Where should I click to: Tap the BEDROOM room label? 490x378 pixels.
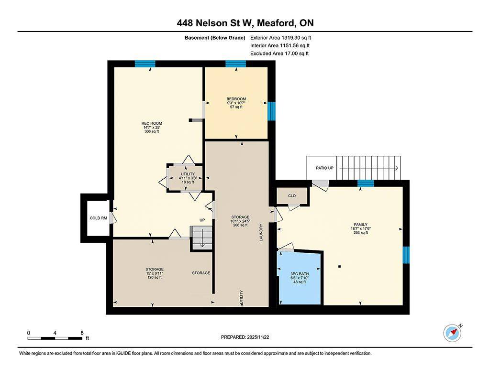click(236, 99)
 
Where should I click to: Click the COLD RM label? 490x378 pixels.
click(99, 218)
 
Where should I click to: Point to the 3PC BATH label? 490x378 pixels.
click(299, 274)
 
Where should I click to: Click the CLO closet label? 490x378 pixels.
click(292, 195)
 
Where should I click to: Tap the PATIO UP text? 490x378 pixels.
click(324, 168)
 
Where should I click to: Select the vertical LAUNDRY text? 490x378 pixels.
click(261, 232)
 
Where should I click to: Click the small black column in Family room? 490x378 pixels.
click(339, 266)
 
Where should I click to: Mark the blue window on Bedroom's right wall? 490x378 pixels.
click(271, 111)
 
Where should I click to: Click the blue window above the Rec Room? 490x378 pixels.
click(145, 64)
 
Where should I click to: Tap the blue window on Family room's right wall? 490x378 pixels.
click(406, 255)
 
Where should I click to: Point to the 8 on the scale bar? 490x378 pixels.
click(82, 333)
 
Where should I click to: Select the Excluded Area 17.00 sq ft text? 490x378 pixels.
click(279, 54)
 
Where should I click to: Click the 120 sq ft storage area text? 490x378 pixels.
click(155, 277)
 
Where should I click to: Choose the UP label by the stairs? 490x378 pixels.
click(202, 220)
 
